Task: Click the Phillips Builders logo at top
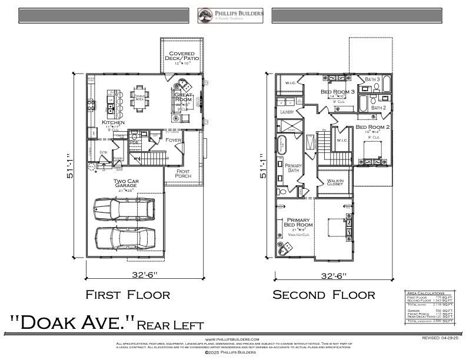tap(231, 15)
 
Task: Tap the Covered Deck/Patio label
tap(182, 56)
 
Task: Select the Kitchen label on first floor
tap(113, 122)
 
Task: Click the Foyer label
tap(174, 140)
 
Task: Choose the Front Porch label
tap(182, 174)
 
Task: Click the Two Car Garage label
tap(126, 184)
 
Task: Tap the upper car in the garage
tap(124, 207)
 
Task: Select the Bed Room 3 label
tap(338, 92)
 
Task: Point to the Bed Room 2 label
tap(373, 127)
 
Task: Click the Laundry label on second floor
tap(287, 111)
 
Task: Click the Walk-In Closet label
tap(335, 183)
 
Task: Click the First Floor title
tap(128, 294)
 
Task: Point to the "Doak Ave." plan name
tap(74, 323)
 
